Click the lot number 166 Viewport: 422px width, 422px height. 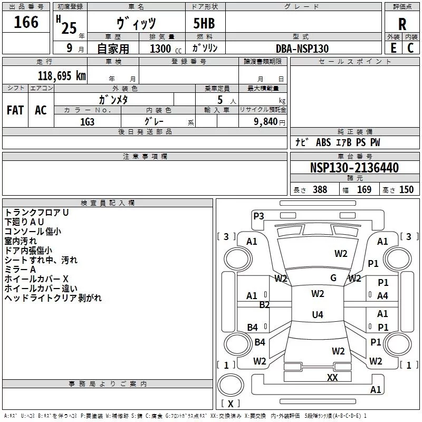point(26,22)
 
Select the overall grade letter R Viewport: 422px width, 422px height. point(402,24)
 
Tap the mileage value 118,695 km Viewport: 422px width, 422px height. point(62,76)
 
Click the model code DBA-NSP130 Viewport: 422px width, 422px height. point(302,49)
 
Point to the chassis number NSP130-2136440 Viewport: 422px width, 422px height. point(354,168)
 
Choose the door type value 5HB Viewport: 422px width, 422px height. point(204,23)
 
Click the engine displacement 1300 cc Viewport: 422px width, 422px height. point(166,49)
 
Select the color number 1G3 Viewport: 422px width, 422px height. point(87,122)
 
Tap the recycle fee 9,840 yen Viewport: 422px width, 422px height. point(270,122)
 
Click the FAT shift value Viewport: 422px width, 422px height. point(15,110)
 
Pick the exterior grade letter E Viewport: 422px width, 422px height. point(394,48)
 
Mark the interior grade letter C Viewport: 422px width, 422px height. point(410,48)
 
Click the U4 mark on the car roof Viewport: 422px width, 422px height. point(318,314)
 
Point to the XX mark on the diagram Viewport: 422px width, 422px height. point(332,377)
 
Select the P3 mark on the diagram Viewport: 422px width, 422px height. point(258,216)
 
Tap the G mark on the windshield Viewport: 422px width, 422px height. point(333,278)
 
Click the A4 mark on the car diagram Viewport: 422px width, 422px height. point(382,296)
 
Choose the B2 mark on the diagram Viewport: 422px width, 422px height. point(265,305)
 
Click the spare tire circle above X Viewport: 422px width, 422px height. point(231,385)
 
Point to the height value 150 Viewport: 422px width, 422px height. point(406,189)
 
